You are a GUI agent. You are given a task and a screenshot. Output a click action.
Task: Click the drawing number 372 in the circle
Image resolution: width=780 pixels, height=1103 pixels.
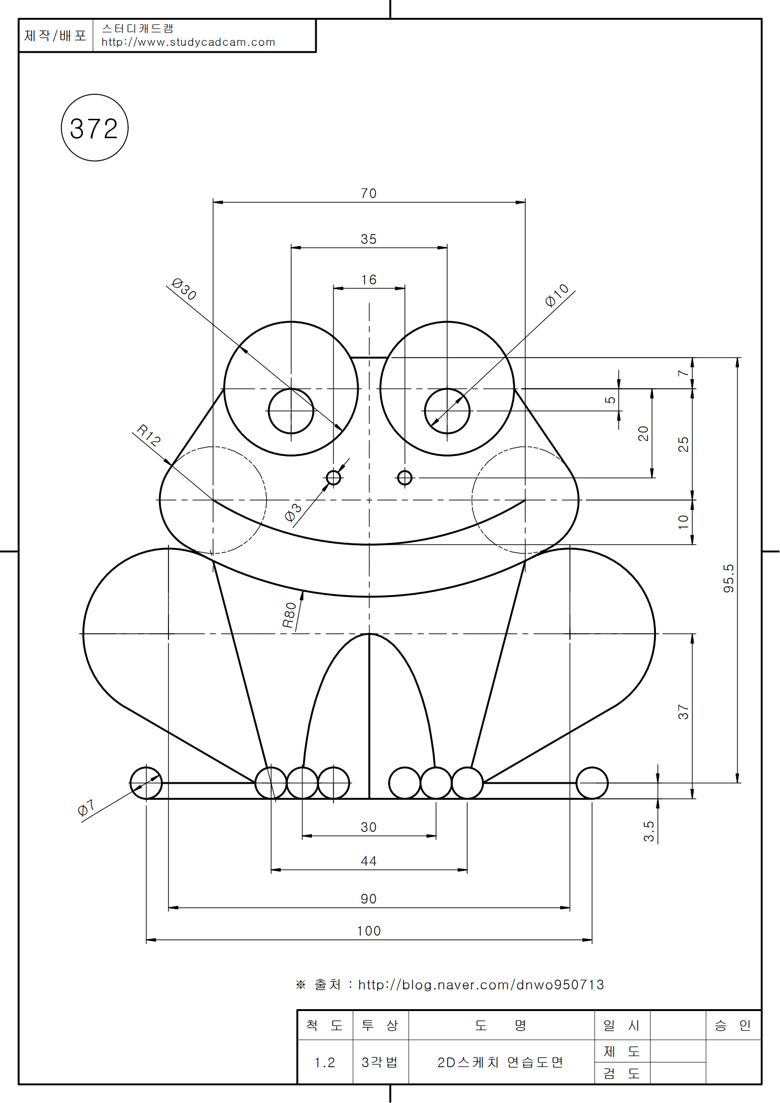click(94, 128)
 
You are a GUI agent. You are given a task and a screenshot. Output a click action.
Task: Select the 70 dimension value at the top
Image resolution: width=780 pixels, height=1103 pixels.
click(369, 193)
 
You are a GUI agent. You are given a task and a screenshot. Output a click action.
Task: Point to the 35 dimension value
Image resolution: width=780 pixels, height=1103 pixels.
click(369, 239)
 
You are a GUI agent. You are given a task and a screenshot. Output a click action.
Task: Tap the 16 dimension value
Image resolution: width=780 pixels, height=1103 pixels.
click(369, 280)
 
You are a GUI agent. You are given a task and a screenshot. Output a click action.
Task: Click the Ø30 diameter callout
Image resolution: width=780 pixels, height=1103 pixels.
click(184, 289)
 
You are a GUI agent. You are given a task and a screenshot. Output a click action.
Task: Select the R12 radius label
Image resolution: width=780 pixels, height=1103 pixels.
click(149, 435)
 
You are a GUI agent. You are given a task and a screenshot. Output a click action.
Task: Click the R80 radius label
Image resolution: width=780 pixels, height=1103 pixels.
click(289, 615)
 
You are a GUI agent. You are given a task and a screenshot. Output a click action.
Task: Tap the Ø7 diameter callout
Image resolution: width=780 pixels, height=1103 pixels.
click(86, 808)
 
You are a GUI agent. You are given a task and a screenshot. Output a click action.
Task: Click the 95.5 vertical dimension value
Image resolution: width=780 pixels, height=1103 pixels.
click(729, 579)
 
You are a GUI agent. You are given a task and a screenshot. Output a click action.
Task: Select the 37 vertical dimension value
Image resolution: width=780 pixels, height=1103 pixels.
click(683, 712)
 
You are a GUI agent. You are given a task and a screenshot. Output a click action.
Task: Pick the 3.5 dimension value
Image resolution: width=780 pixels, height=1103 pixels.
click(649, 831)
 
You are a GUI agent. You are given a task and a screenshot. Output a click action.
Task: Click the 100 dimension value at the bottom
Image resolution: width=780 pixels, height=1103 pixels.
click(369, 931)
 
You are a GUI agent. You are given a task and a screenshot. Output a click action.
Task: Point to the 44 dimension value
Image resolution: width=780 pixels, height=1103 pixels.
click(369, 861)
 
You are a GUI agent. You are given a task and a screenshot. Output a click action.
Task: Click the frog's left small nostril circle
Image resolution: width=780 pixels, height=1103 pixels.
click(334, 478)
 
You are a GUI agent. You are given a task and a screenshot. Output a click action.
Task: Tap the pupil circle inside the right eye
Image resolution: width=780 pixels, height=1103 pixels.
click(447, 411)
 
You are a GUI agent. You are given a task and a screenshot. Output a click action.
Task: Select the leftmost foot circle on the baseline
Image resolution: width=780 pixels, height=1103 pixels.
click(146, 783)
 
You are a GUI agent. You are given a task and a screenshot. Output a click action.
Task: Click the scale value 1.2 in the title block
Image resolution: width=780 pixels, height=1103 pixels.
click(325, 1062)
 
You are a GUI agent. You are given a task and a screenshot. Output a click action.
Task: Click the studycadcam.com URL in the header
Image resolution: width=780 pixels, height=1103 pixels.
click(188, 42)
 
